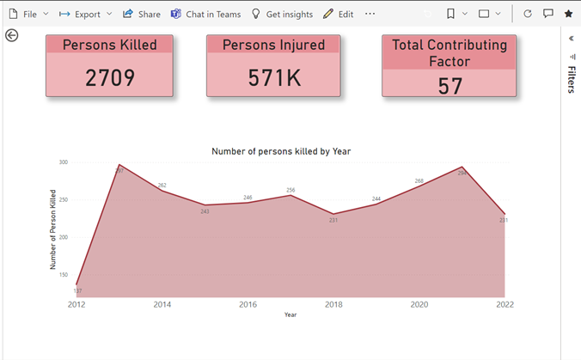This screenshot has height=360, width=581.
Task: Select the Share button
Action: tap(142, 15)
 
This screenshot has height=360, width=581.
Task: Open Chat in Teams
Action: tap(205, 15)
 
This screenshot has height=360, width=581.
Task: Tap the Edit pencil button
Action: tap(338, 15)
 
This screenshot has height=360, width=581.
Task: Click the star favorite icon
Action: tap(568, 15)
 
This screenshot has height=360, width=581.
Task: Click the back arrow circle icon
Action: tap(11, 35)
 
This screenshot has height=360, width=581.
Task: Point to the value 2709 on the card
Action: tap(110, 77)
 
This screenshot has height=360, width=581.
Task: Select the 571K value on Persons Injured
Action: tap(273, 77)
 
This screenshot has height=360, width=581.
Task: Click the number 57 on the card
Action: tap(450, 85)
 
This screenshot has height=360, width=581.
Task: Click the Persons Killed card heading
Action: tap(110, 45)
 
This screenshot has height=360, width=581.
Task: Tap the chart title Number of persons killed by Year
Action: tap(281, 151)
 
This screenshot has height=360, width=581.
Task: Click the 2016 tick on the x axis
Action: tap(248, 304)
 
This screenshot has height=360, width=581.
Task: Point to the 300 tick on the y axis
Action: tap(64, 162)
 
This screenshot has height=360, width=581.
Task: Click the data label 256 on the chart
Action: tap(290, 190)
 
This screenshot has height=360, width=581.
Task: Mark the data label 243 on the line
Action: tap(205, 211)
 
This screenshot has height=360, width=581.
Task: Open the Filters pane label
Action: tap(572, 77)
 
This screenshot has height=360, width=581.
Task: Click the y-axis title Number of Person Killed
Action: tap(52, 229)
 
